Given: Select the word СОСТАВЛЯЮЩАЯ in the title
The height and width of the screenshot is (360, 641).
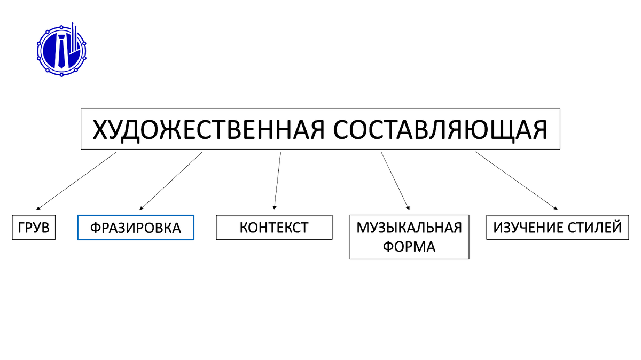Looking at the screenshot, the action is coord(441,130).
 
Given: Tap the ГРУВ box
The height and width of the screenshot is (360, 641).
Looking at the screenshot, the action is coord(34,228).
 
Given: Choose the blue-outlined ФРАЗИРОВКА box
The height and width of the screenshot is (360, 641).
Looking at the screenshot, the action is coord(136,228).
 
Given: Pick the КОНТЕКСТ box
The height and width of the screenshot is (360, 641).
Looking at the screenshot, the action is coord(274,228).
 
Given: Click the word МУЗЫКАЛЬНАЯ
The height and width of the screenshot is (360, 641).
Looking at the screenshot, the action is coord(409,228).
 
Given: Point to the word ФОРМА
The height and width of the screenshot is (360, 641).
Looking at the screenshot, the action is coord(409,247).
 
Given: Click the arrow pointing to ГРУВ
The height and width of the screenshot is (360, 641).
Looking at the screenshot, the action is coord(76,180).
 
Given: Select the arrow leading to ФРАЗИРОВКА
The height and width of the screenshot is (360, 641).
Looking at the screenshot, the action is coord(171,181).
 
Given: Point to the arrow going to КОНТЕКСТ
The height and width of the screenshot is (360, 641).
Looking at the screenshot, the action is coord(277,180).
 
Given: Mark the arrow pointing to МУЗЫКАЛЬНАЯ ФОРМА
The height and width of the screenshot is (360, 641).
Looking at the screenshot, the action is coord(395,181).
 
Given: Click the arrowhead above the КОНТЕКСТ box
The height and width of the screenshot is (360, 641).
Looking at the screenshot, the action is coord(275,207).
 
